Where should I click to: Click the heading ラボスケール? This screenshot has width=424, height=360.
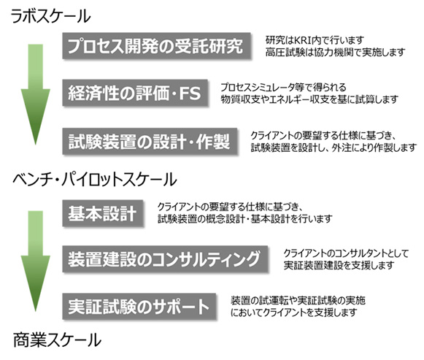pyautogui.click(x=50, y=16)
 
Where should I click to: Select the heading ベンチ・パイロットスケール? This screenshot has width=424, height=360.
pyautogui.click(x=95, y=180)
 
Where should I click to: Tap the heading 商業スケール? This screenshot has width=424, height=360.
pyautogui.click(x=57, y=340)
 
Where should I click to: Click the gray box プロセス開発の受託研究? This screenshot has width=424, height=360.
pyautogui.click(x=157, y=46)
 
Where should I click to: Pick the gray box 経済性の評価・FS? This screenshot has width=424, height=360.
pyautogui.click(x=135, y=93)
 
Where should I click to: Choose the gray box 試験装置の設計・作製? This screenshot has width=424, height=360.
pyautogui.click(x=150, y=142)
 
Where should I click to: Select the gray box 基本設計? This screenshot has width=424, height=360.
pyautogui.click(x=103, y=213)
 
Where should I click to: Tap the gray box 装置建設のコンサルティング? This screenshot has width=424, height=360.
pyautogui.click(x=165, y=259)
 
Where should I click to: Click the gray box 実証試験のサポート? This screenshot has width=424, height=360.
pyautogui.click(x=139, y=307)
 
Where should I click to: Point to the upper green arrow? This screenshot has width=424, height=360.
pyautogui.click(x=36, y=95)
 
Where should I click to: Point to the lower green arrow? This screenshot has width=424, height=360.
pyautogui.click(x=36, y=261)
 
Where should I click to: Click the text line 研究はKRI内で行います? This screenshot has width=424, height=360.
pyautogui.click(x=315, y=40)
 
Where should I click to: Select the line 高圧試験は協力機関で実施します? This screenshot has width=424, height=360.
pyautogui.click(x=335, y=52)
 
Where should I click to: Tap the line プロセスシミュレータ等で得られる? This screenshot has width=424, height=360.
pyautogui.click(x=283, y=88)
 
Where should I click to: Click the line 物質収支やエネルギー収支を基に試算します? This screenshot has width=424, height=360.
pyautogui.click(x=309, y=99)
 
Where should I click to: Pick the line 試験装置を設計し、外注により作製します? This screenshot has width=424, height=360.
pyautogui.click(x=334, y=148)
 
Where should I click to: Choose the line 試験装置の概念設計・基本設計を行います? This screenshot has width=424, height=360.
pyautogui.click(x=245, y=218)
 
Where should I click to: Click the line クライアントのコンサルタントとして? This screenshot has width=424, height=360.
pyautogui.click(x=346, y=253)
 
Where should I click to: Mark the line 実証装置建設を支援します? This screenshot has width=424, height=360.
pyautogui.click(x=339, y=265)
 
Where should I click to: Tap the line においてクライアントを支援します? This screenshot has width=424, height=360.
pyautogui.click(x=294, y=313)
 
